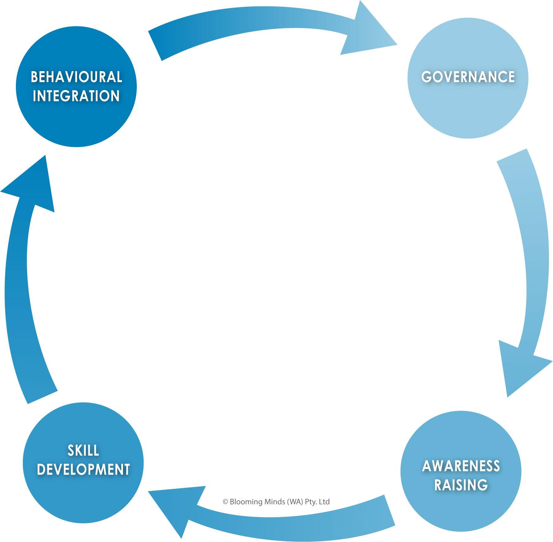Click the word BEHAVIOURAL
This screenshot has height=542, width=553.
coord(76,77)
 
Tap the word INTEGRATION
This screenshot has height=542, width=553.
coord(76,96)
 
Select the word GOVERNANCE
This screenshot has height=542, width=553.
coord(468,77)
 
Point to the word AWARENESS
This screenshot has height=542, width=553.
coord(461,466)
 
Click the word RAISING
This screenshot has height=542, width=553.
coord(461,485)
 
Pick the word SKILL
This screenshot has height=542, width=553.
coord(83,450)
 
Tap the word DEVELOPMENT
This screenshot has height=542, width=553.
coord(83,469)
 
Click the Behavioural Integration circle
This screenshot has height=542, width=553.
coord(76,122)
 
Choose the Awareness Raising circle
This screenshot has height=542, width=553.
coord(461,507)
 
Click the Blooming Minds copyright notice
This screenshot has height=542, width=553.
coord(276,502)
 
